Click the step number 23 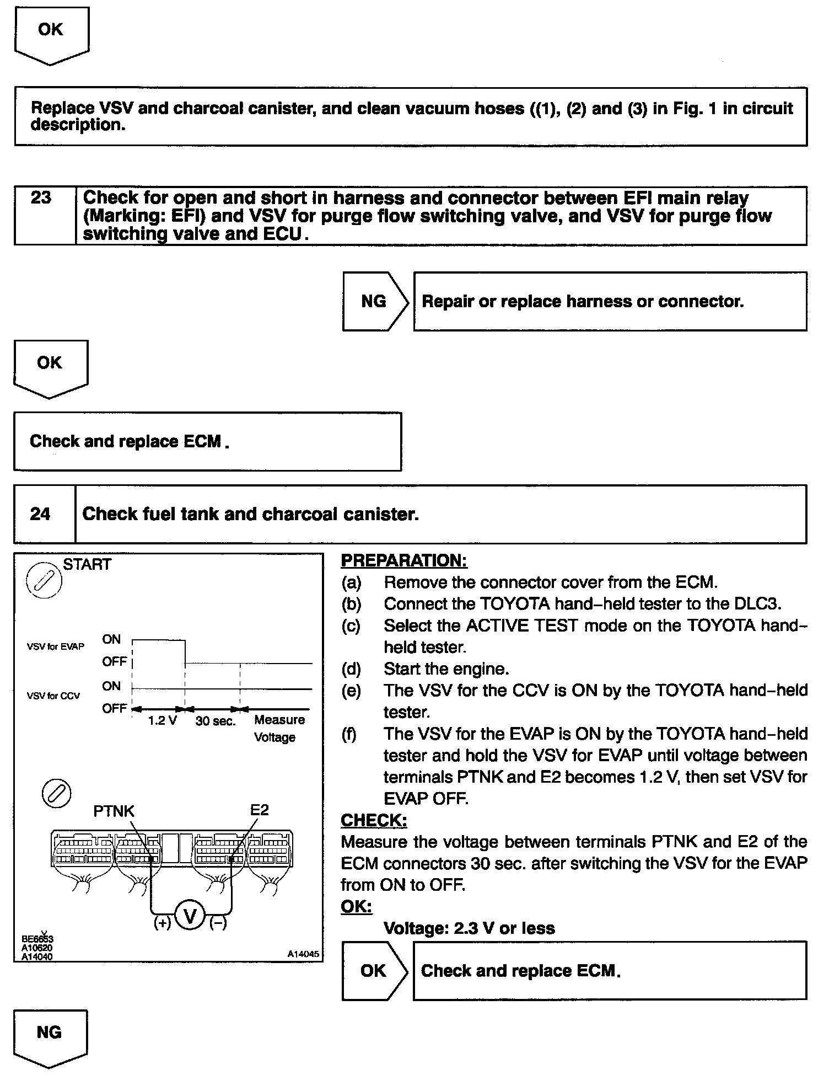click(41, 197)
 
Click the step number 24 click(40, 514)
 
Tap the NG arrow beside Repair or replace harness click(374, 301)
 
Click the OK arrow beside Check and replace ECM click(374, 971)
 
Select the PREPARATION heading click(404, 560)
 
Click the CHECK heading click(374, 820)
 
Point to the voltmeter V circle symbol click(190, 917)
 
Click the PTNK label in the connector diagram click(114, 811)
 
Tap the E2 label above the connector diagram click(259, 809)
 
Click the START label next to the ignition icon click(87, 564)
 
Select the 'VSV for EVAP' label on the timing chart click(56, 646)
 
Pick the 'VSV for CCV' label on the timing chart click(53, 696)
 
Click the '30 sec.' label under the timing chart click(216, 721)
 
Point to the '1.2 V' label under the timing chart click(162, 721)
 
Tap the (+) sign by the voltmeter click(162, 923)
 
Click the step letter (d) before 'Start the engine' click(351, 669)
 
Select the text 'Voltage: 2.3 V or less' click(469, 928)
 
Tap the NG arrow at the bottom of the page click(50, 1033)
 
